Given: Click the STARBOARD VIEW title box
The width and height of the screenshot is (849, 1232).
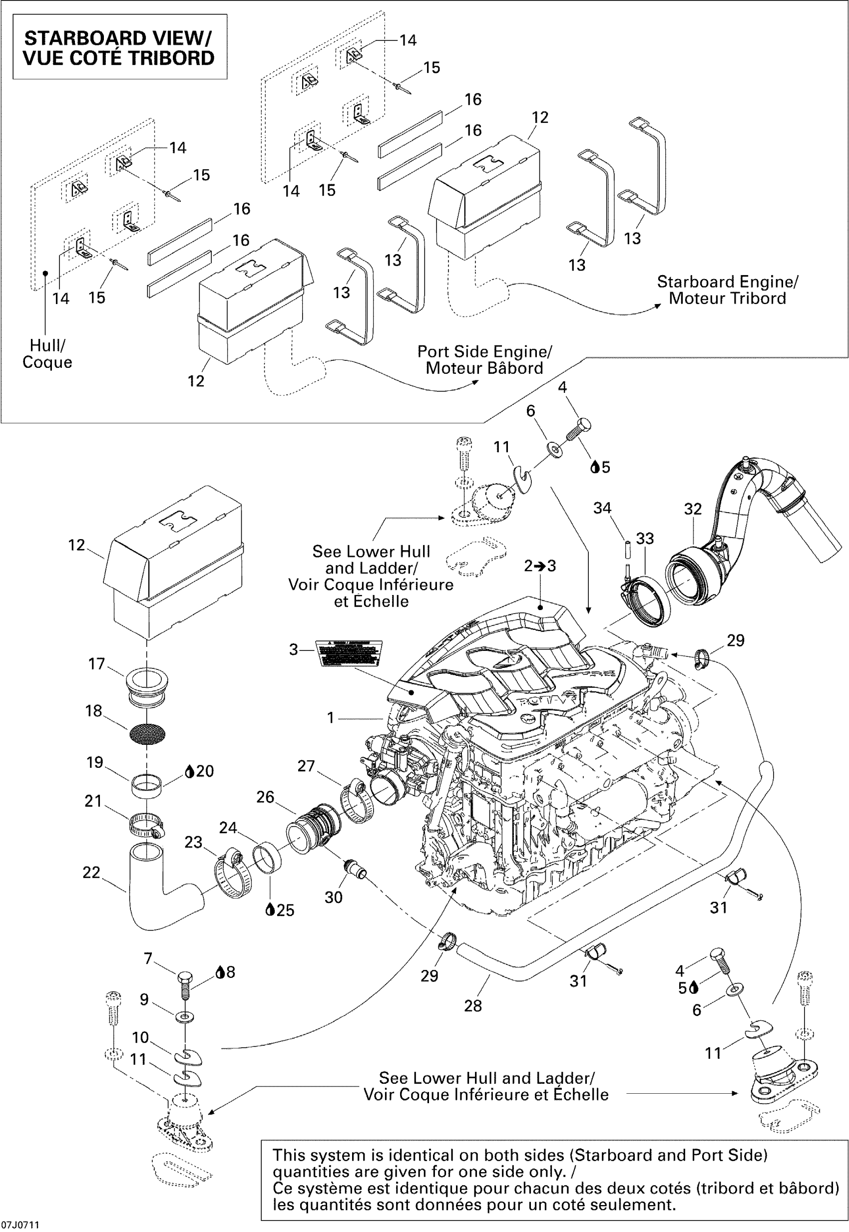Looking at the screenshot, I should [x=120, y=47].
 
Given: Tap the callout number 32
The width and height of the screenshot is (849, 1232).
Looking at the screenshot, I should [x=693, y=509].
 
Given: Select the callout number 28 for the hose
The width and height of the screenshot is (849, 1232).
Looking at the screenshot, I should [x=472, y=1005].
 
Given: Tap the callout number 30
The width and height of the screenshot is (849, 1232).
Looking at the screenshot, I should [x=334, y=897].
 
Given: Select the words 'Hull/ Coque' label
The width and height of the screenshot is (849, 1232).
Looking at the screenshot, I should [x=47, y=353].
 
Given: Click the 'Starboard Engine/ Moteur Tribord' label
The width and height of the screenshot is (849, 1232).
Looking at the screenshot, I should [x=727, y=290].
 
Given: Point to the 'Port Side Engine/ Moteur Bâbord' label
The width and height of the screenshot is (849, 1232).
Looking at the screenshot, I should [x=484, y=360].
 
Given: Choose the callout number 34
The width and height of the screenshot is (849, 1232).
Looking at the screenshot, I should [x=602, y=508].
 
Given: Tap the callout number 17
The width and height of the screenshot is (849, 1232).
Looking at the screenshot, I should [x=96, y=663].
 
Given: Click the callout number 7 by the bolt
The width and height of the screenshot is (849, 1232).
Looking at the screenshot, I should [x=148, y=958].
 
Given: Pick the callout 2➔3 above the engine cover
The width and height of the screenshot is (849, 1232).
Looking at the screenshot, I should [x=540, y=566].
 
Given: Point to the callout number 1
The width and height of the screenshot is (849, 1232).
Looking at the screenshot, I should [x=330, y=718].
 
